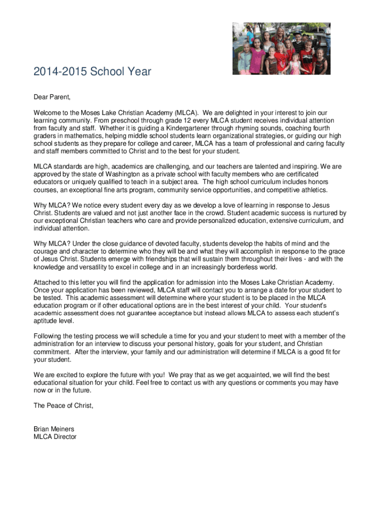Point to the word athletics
click(x=310, y=190)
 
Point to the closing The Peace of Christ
click(x=63, y=406)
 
